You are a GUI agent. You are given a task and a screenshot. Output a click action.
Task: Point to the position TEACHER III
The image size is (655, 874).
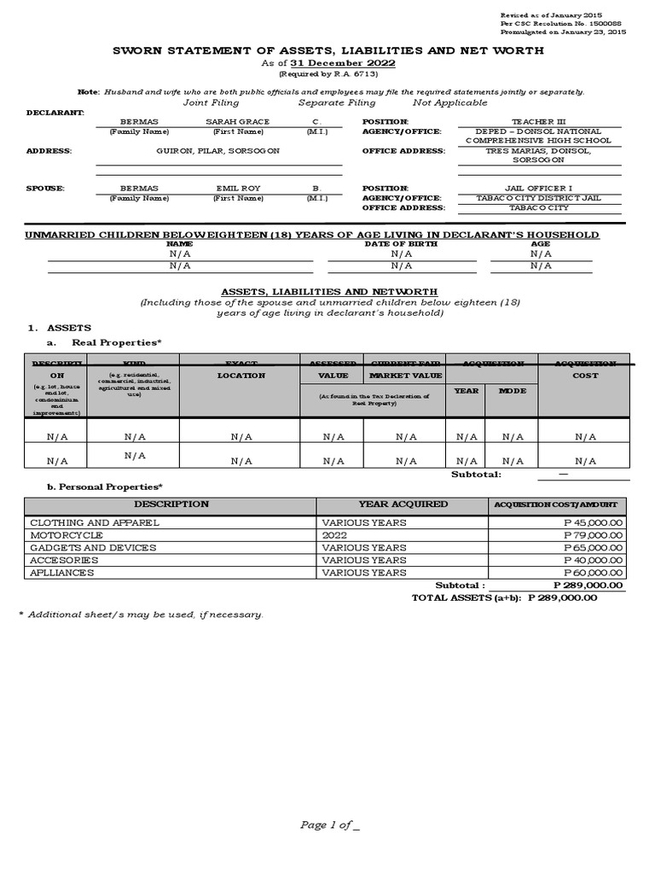pyautogui.click(x=537, y=122)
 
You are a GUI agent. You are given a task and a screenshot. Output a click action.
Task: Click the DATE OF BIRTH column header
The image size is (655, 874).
pyautogui.click(x=402, y=243)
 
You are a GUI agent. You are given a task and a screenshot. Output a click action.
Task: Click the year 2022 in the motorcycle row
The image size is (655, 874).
pyautogui.click(x=334, y=534)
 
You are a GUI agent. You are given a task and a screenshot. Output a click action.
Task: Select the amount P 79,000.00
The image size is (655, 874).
pyautogui.click(x=594, y=534)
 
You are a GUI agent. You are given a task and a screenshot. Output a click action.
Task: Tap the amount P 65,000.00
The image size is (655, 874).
pyautogui.click(x=594, y=547)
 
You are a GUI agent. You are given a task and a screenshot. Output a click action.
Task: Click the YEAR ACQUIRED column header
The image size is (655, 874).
pyautogui.click(x=403, y=504)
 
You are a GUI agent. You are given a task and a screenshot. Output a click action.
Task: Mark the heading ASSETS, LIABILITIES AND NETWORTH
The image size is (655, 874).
pyautogui.click(x=329, y=291)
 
